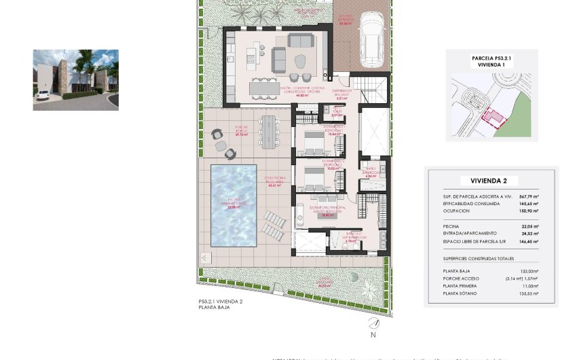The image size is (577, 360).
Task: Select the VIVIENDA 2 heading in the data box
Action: (494, 181)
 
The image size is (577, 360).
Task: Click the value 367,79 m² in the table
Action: (528, 196)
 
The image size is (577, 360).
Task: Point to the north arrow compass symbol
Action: (373, 324)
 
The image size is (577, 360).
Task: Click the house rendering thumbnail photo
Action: (75, 79)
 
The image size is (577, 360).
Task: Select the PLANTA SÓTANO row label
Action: (460, 293)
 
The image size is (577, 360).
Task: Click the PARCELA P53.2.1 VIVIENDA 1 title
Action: (491, 62)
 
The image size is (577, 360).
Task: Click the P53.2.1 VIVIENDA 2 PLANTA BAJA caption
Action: (220, 304)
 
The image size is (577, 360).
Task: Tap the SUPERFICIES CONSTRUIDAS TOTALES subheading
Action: (478, 258)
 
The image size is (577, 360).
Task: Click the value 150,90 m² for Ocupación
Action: (528, 211)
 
